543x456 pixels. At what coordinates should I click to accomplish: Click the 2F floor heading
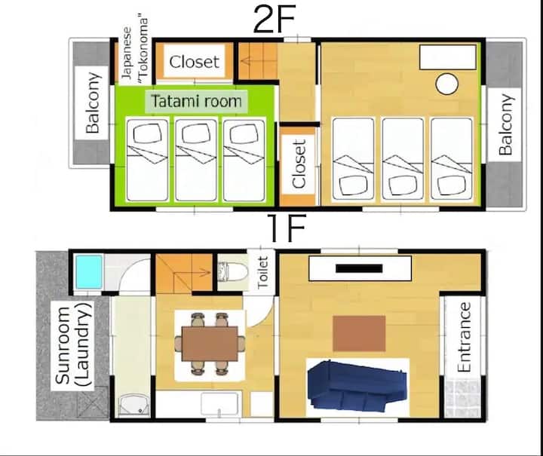point(275,19)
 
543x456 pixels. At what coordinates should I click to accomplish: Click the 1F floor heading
point(287,228)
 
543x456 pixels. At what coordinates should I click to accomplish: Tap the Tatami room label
point(196,101)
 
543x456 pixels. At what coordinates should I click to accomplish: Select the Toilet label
point(263,273)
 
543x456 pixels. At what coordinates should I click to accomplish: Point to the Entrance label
point(464,337)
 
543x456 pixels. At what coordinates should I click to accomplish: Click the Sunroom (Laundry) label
point(72,345)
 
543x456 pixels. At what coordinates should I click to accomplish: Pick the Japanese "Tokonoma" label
point(135,50)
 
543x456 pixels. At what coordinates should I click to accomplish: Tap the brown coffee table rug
point(359,333)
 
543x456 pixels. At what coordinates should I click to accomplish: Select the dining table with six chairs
point(210,344)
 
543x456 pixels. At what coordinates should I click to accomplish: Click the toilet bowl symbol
point(233,271)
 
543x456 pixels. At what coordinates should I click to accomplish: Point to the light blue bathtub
point(89,271)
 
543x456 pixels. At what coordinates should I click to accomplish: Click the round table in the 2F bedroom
point(446,84)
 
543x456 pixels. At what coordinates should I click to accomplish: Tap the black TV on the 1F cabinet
point(359,268)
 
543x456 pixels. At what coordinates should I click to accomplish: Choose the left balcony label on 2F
point(93,103)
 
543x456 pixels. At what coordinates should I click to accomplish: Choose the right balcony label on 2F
point(505,124)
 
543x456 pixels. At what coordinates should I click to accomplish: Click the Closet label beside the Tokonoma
point(195,62)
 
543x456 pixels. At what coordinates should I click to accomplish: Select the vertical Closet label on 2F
point(299,164)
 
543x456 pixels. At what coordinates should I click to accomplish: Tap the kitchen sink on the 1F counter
point(219,404)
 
